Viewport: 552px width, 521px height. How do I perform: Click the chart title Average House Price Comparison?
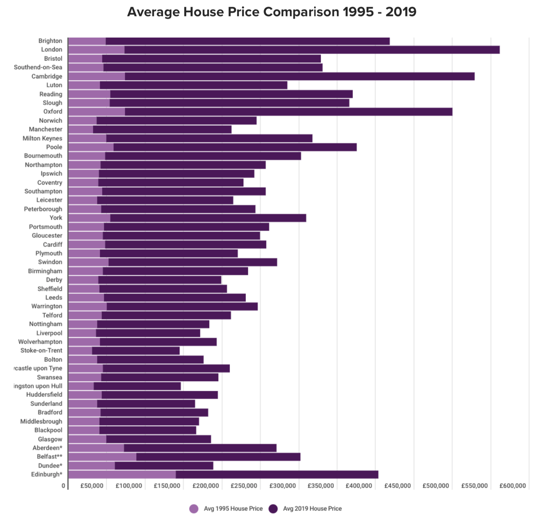pos(272,12)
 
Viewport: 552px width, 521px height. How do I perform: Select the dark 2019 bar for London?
pos(312,50)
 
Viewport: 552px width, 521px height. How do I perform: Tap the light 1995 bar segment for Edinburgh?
pos(122,474)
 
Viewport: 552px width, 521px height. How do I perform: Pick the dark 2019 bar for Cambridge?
pos(299,76)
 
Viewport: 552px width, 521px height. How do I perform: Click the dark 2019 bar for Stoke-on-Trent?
pos(136,351)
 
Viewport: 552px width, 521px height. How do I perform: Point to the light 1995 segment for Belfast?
pos(102,457)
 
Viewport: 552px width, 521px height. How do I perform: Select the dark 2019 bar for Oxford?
pos(288,112)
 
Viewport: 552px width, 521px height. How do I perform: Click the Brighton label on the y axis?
pos(50,41)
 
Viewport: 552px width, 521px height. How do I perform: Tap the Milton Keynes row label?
pos(42,138)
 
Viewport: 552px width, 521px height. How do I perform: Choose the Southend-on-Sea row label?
pos(38,67)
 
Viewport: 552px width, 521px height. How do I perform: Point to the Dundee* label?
pos(50,466)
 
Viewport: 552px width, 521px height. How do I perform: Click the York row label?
pos(56,217)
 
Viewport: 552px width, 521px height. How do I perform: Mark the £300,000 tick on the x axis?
pos(282,486)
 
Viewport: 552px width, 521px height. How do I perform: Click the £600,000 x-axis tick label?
pos(513,486)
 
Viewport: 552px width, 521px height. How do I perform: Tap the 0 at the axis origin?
pos(64,486)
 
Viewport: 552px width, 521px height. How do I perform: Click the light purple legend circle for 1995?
pos(194,509)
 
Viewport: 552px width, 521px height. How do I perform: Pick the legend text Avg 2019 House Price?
pos(312,509)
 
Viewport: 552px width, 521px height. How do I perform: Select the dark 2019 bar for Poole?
pos(235,147)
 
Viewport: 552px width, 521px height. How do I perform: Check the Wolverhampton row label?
pos(40,342)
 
